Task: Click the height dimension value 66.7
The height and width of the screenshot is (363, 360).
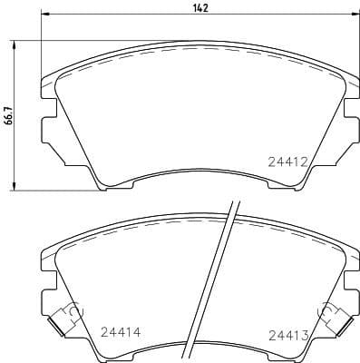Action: (x=8, y=117)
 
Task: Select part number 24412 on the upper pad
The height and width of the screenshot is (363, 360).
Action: (x=289, y=162)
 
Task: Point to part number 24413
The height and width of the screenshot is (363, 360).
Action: (x=289, y=335)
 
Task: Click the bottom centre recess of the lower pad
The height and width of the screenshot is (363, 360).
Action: (x=200, y=356)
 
